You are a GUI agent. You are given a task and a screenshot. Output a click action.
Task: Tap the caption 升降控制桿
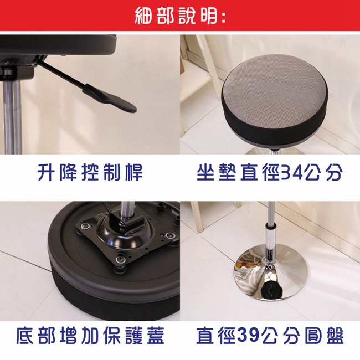[x=90, y=172]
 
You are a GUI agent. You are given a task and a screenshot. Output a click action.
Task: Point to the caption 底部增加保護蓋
[x=90, y=336]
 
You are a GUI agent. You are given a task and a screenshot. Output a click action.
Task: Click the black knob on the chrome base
[x=271, y=290]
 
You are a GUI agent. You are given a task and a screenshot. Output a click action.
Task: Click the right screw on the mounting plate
[x=170, y=235]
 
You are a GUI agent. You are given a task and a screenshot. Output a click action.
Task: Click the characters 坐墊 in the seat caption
[x=216, y=172]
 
